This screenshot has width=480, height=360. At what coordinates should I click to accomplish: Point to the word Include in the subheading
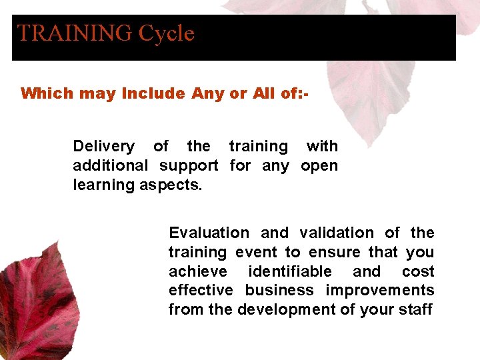click(x=153, y=93)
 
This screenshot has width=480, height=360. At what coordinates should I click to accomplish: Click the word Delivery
click(x=103, y=146)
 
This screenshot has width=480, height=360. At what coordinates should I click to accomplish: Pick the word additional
click(x=111, y=165)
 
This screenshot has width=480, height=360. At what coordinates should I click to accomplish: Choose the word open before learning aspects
click(x=319, y=165)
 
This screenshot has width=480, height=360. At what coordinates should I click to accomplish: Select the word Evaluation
click(x=209, y=233)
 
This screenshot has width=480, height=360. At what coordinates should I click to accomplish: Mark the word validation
click(x=337, y=233)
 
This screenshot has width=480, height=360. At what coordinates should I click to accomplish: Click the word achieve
click(x=197, y=271)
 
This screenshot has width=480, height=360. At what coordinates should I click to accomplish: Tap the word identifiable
click(x=289, y=271)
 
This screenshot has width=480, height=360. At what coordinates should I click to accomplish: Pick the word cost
click(x=418, y=271)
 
